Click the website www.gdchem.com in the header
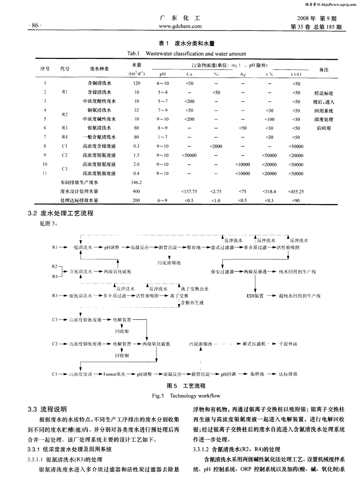180,27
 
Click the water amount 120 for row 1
136,83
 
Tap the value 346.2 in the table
136,182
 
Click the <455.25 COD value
295,191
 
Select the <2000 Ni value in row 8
216,146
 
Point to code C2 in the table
65,155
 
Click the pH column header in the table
162,74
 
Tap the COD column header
295,74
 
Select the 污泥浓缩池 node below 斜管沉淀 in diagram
169,263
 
